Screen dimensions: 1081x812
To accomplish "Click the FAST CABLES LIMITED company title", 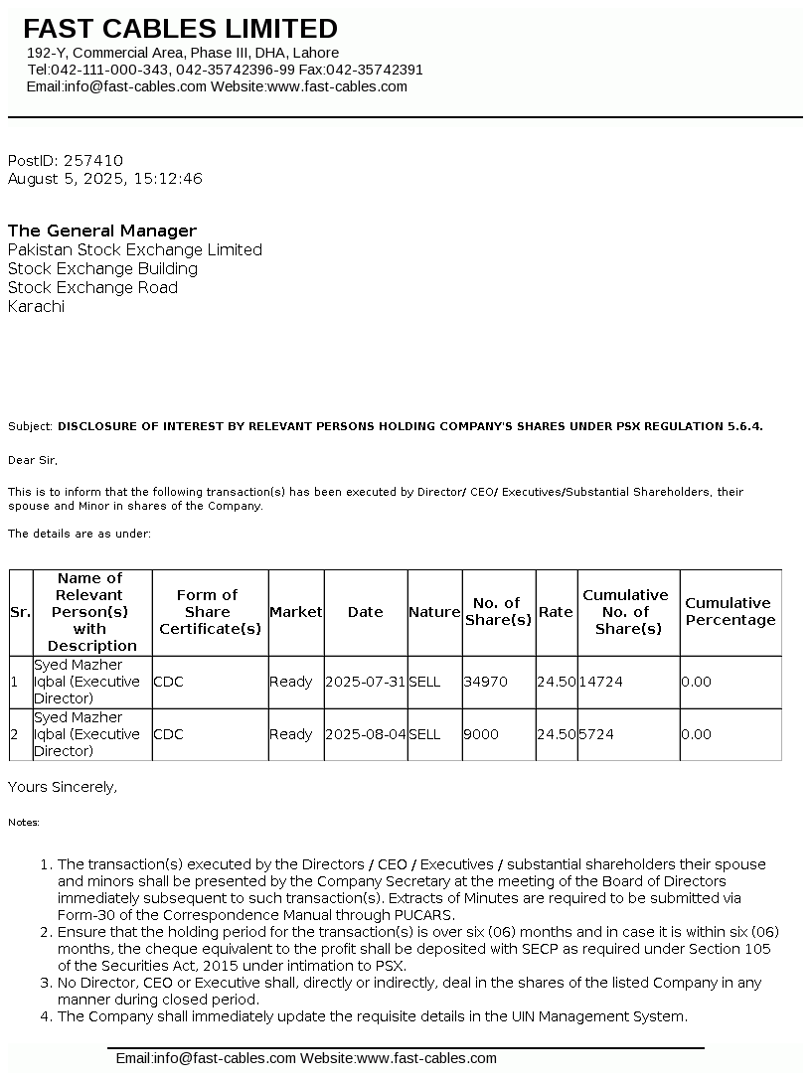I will click(x=180, y=29).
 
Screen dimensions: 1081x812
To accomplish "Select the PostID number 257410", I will click(x=93, y=161).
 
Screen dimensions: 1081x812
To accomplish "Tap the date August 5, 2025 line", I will click(x=104, y=179).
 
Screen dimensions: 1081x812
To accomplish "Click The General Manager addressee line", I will click(x=102, y=231).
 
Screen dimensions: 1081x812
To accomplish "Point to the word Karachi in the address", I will click(x=36, y=307).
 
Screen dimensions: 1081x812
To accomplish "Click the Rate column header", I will click(x=556, y=612).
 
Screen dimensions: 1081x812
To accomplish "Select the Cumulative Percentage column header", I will click(x=730, y=612).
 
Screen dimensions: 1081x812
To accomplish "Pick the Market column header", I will click(x=296, y=612).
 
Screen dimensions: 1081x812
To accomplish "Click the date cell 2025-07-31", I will click(x=365, y=683).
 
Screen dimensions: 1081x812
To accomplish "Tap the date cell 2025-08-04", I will click(x=365, y=734).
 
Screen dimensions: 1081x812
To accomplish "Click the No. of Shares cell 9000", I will click(x=481, y=734).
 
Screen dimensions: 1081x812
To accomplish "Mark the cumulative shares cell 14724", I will click(x=600, y=683).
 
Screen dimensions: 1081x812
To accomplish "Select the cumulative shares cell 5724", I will click(x=596, y=734).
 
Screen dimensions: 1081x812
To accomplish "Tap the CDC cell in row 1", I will click(x=168, y=683).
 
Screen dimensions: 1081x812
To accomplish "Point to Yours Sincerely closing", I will click(x=63, y=787).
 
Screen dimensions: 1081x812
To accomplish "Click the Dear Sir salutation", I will click(x=33, y=461).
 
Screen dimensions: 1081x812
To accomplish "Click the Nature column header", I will click(x=434, y=612).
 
